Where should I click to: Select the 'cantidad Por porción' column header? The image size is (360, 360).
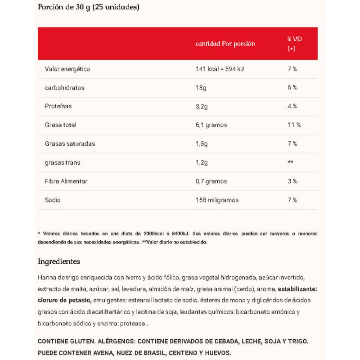tap(225, 44)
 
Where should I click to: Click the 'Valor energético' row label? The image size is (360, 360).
tap(67, 69)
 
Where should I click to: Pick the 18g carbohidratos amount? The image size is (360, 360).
tap(200, 87)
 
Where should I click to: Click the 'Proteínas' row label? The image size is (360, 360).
tap(58, 106)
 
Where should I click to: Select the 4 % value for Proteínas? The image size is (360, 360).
tap(292, 106)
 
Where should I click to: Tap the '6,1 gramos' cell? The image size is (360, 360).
tap(211, 125)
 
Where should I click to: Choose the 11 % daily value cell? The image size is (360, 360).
tap(293, 125)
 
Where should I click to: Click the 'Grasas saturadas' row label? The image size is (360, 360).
tap(70, 144)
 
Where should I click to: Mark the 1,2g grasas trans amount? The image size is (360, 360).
tap(202, 162)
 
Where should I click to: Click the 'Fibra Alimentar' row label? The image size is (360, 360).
tap(66, 181)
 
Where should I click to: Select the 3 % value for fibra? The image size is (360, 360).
tap(292, 181)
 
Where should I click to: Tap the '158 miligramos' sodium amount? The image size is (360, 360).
tap(217, 200)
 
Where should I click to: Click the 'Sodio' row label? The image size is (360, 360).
tap(53, 200)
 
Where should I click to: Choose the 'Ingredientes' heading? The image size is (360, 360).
tap(59, 261)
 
